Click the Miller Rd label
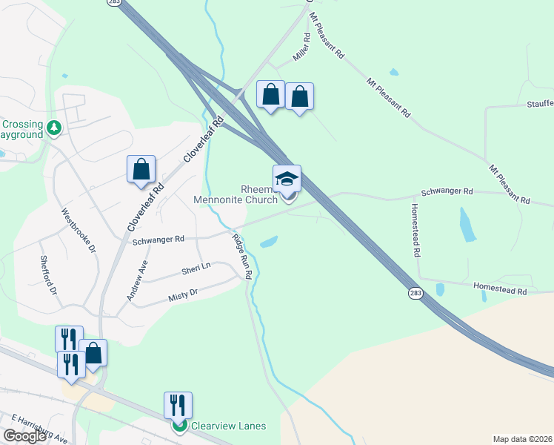301,47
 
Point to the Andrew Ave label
138,281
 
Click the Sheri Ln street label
196,268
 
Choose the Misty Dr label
183,294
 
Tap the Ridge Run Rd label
243,257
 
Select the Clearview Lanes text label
228,426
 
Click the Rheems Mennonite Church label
236,194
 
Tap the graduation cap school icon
287,179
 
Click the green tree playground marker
53,128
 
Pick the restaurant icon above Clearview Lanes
178,405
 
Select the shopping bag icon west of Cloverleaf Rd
141,170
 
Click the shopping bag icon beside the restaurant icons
93,353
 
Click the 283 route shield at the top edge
113,3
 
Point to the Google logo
24,436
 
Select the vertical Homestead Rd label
416,230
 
